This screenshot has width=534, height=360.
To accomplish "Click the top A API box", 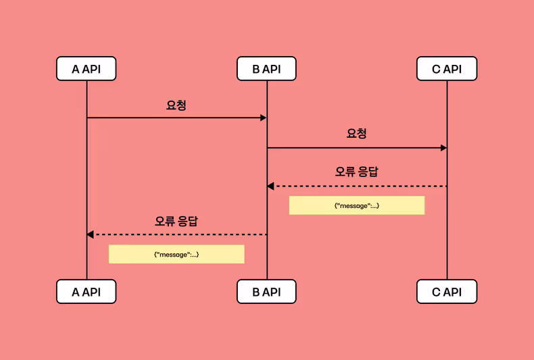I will point(87,69).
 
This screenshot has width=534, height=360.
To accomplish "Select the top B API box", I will point(266,69).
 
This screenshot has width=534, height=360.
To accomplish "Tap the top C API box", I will point(447,69).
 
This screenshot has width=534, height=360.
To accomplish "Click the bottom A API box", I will point(87,292).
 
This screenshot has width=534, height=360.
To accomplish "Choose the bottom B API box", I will point(266,292).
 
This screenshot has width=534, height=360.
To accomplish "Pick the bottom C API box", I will point(447,292).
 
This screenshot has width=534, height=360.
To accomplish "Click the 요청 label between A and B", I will point(176,105).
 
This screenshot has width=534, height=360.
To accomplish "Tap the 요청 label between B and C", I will point(356,134).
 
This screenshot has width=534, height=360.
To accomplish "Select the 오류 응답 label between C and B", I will point(356,172).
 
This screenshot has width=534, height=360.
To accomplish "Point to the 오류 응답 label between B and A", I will point(176,221).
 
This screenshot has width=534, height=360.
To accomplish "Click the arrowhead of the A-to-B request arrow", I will point(264,118).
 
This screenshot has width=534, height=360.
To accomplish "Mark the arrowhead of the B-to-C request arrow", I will point(443,148).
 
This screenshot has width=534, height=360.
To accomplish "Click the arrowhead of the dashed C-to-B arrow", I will point(270,186).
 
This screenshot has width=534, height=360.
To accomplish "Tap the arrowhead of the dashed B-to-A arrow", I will point(90,234).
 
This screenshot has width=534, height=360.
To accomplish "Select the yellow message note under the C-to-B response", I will point(356,205).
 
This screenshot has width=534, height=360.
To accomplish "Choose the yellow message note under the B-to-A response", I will point(176,254).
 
